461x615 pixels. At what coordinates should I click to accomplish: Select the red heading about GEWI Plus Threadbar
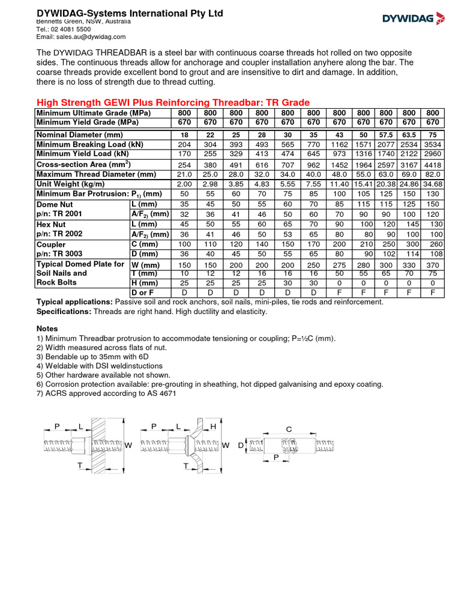pyautogui.click(x=173, y=103)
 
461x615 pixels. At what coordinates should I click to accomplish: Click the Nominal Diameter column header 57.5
pyautogui.click(x=386, y=135)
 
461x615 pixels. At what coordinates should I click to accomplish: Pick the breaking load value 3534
pyautogui.click(x=432, y=145)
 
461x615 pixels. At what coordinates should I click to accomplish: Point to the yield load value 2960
pyautogui.click(x=432, y=154)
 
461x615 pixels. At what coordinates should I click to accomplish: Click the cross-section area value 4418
pyautogui.click(x=432, y=164)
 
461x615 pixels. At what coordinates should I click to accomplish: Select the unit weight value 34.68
pyautogui.click(x=432, y=184)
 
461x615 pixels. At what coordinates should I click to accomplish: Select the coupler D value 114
pyautogui.click(x=409, y=253)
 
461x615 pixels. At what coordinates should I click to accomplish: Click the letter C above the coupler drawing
pyautogui.click(x=289, y=429)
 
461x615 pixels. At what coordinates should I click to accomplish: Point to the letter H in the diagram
pyautogui.click(x=212, y=426)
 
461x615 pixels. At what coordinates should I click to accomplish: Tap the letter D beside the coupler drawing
pyautogui.click(x=241, y=446)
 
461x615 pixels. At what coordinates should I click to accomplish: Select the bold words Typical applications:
pyautogui.click(x=74, y=302)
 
